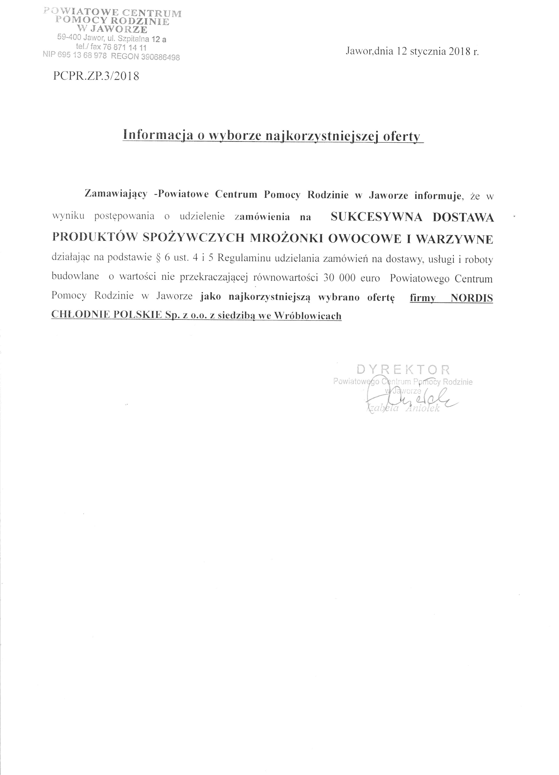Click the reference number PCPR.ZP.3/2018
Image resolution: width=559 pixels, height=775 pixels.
96,76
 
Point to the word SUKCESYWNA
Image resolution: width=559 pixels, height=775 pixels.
376,217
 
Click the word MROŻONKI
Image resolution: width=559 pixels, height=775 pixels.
287,238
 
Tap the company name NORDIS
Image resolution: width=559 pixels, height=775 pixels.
472,298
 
